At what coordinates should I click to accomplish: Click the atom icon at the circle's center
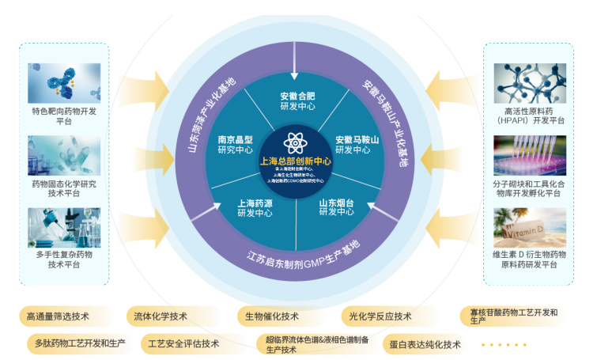point(297,144)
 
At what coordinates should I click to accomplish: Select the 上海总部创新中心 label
point(297,161)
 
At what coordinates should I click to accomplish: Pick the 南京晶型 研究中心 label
point(236,145)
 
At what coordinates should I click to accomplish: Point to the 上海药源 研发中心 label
point(255,208)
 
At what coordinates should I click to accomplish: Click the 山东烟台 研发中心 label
point(336,208)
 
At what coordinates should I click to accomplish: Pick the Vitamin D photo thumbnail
point(529,228)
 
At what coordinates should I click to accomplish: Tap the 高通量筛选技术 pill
point(58,316)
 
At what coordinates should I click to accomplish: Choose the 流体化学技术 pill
point(161,316)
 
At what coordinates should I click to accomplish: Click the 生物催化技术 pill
point(272,316)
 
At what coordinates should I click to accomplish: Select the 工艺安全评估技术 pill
point(179,344)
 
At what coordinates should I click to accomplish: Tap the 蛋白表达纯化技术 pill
point(425,344)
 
